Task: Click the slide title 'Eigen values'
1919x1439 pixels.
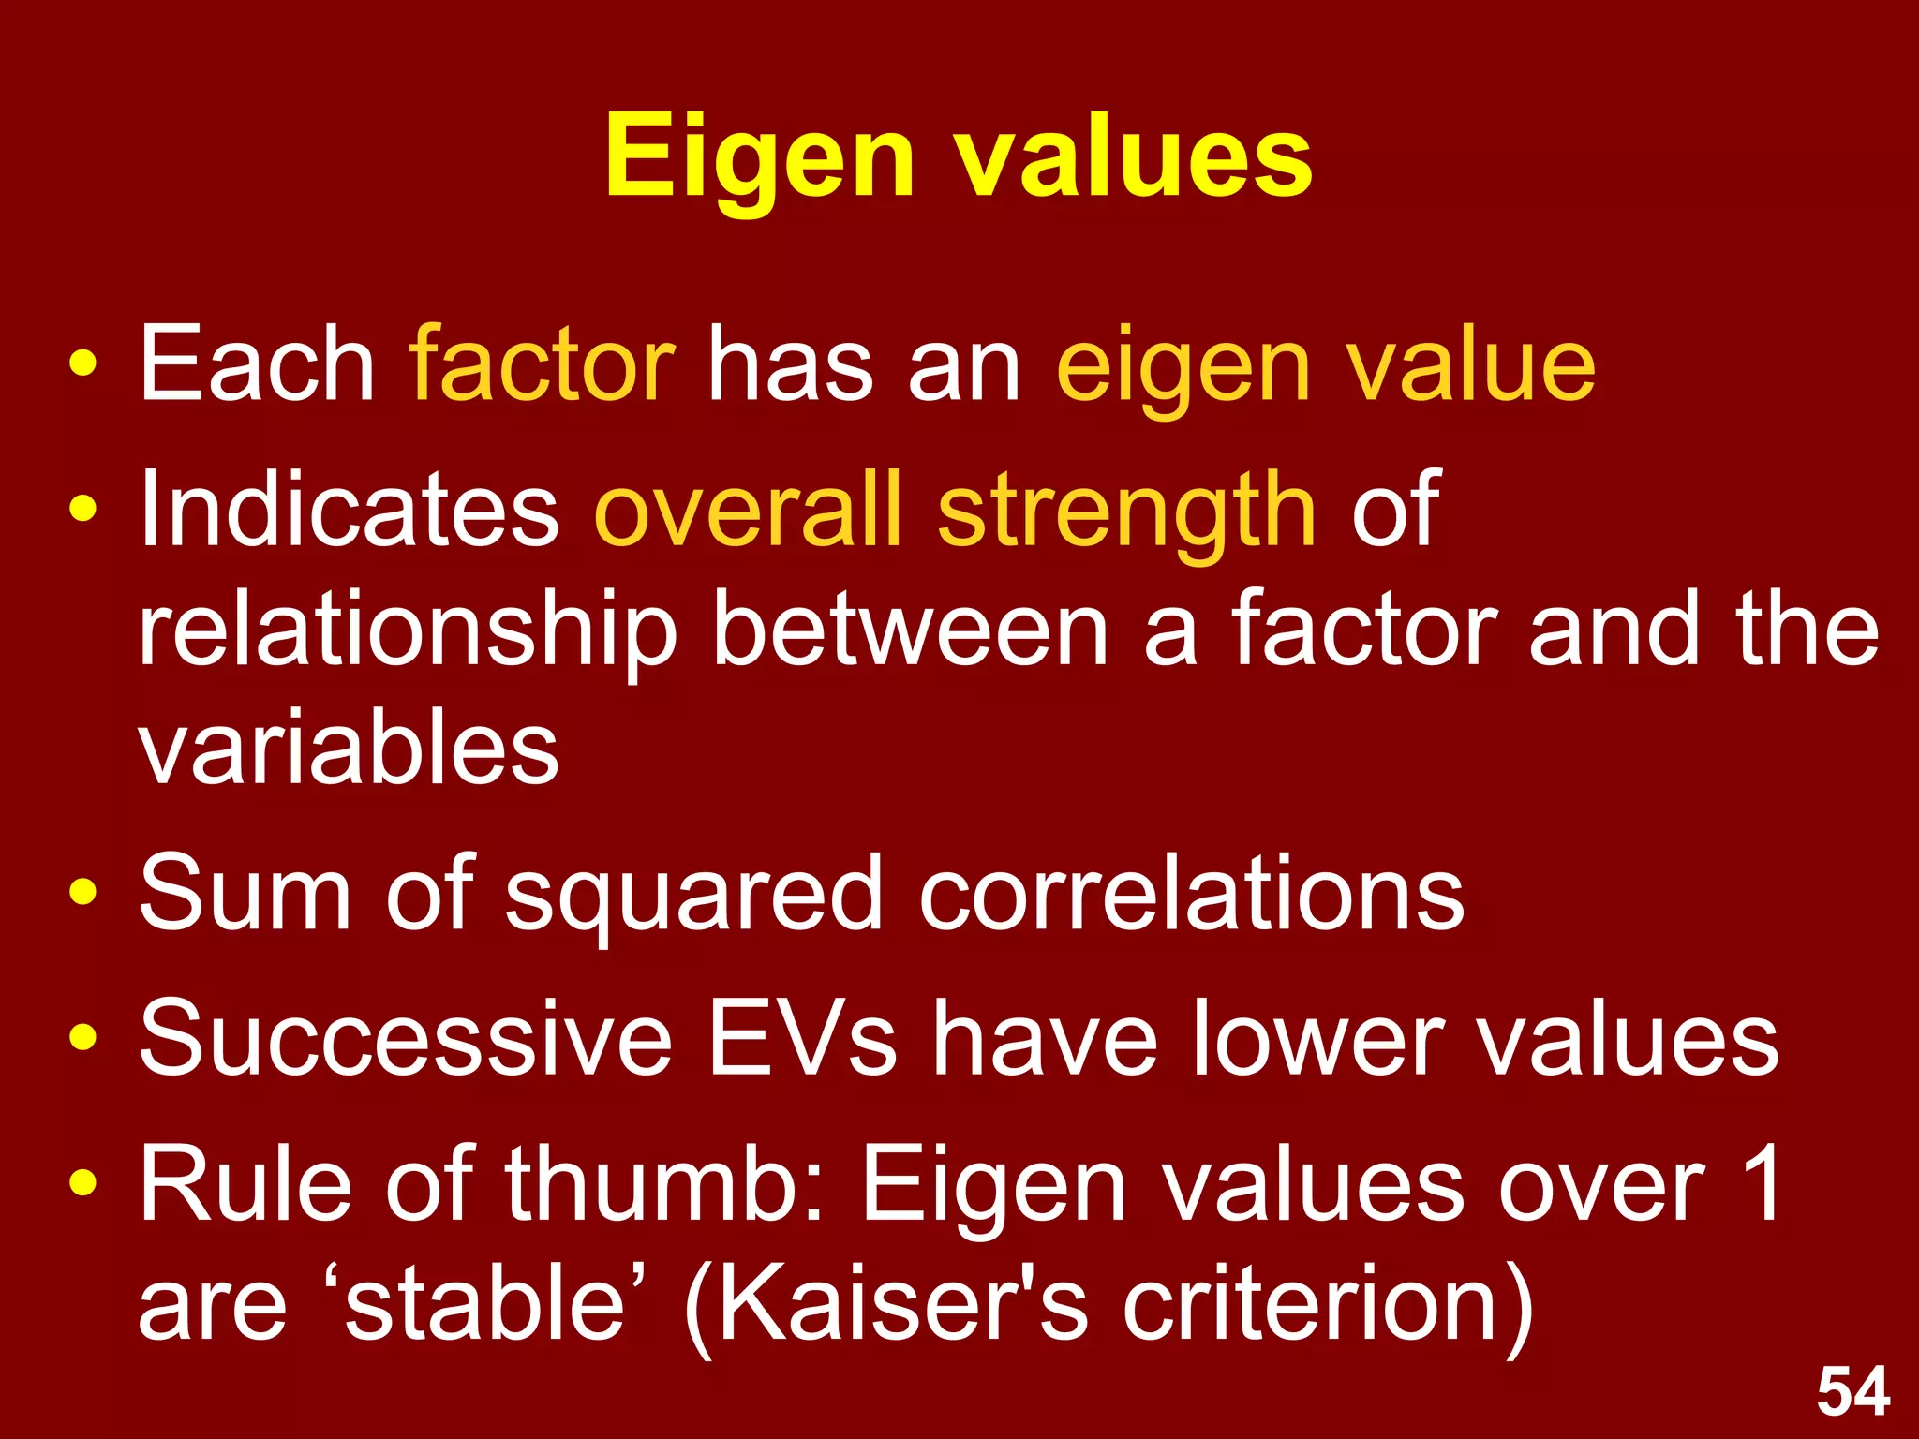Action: (x=958, y=157)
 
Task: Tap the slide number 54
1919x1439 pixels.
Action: (x=1852, y=1392)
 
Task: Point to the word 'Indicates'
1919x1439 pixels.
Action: (x=349, y=510)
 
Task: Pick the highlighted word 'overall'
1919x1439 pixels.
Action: (x=748, y=510)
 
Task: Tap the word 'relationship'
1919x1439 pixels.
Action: (x=408, y=633)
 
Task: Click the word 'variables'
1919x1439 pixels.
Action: (x=349, y=749)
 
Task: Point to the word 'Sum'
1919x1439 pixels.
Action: (x=245, y=894)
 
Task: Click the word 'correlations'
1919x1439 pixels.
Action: (x=1192, y=894)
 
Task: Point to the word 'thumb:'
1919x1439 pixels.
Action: (x=665, y=1184)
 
